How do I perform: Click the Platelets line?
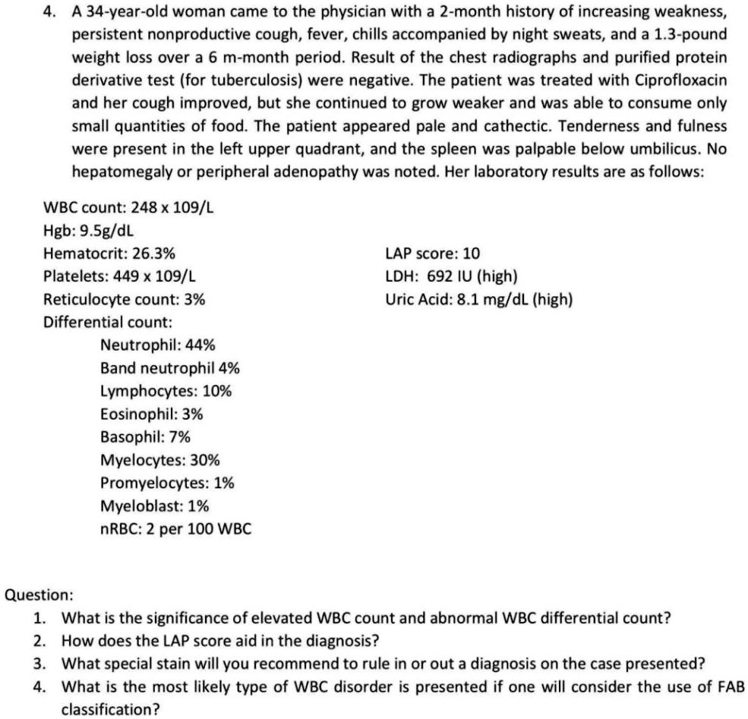[x=122, y=276]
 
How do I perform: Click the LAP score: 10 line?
[x=432, y=254]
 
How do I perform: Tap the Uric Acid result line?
[x=478, y=299]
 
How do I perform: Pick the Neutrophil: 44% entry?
[x=157, y=345]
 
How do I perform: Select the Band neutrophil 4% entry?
[x=170, y=368]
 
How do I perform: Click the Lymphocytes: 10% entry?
[x=166, y=391]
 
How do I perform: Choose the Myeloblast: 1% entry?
[x=155, y=506]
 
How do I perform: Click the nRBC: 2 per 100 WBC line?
[x=175, y=528]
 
